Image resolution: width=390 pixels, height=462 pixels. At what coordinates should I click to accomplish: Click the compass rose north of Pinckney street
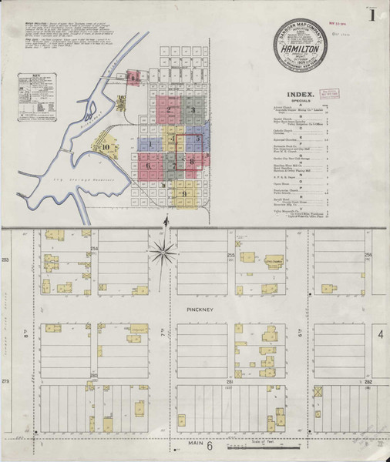point(163,248)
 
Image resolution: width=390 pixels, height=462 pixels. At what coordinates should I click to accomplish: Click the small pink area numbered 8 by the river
point(133,76)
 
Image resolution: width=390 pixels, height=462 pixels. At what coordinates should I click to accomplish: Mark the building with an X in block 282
point(318,390)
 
